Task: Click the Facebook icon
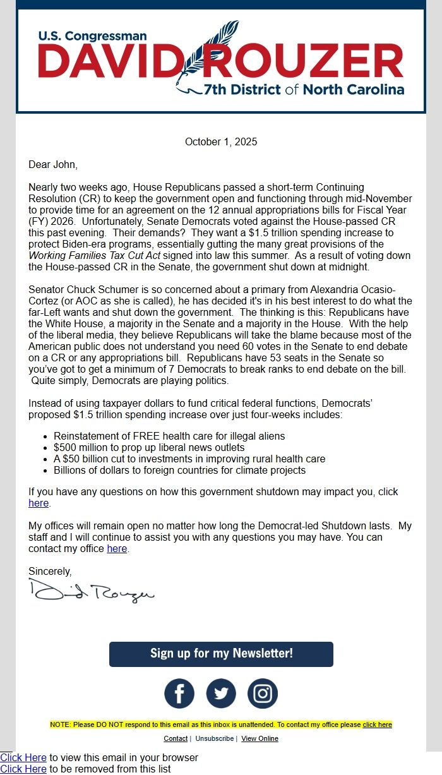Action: point(179,694)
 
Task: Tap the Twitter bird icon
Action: point(221,694)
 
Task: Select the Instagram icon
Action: point(263,694)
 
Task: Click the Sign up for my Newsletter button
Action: point(221,654)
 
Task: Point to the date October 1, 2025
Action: point(221,142)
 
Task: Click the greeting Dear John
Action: point(53,165)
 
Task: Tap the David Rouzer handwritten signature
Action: point(91,592)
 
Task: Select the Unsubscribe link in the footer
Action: point(214,738)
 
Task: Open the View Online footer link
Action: point(260,738)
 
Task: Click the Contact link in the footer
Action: point(176,738)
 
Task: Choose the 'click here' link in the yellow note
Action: point(377,724)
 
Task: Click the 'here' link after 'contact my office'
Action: point(117,549)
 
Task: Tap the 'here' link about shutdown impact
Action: point(39,503)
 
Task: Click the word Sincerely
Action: point(50,571)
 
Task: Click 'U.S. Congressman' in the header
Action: point(92,37)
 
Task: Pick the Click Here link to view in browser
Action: point(23,757)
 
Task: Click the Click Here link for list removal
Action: point(23,769)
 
